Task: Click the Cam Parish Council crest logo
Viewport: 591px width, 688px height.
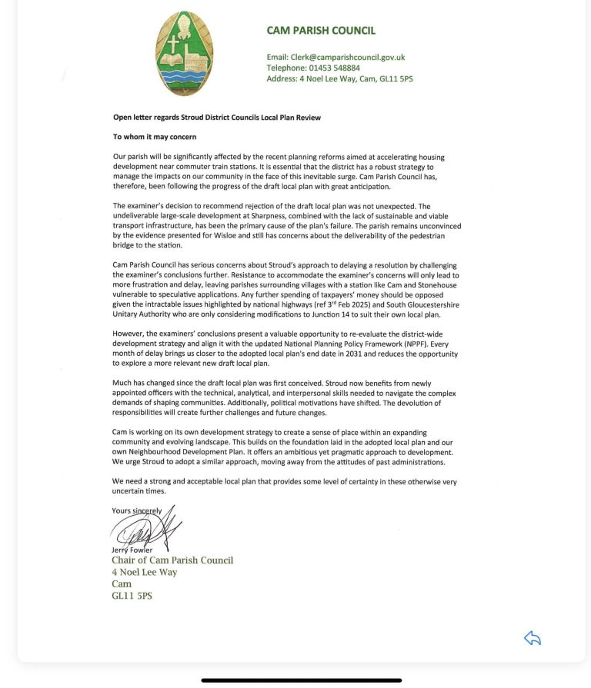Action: tap(184, 54)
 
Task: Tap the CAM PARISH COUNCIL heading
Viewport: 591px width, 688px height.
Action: tap(321, 31)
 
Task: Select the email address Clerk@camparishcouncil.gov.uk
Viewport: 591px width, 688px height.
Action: tap(348, 57)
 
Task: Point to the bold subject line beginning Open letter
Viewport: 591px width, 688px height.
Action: tap(216, 118)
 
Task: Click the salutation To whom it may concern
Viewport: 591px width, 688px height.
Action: tap(155, 137)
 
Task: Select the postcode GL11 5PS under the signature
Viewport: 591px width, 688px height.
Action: tap(132, 595)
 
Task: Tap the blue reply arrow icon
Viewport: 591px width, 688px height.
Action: tap(533, 637)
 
